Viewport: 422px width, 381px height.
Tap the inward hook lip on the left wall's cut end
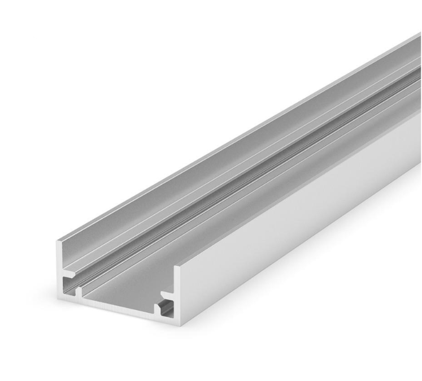click(x=70, y=276)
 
